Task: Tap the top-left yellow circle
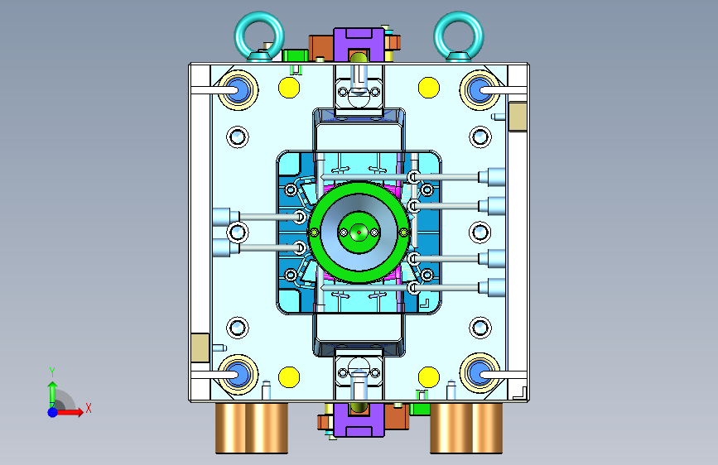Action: point(289,88)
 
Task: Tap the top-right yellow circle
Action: point(429,88)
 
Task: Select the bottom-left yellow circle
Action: point(289,377)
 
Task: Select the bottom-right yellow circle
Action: point(429,377)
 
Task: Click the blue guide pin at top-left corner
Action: point(238,89)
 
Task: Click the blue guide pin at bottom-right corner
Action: point(479,373)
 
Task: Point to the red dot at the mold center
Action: point(359,232)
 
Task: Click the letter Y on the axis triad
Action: point(52,372)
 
